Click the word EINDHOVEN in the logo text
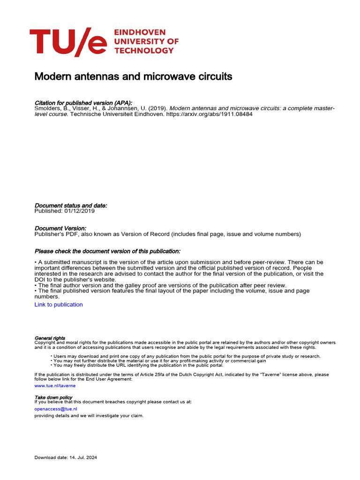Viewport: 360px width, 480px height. click(x=140, y=32)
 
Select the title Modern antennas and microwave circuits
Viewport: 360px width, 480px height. click(x=133, y=76)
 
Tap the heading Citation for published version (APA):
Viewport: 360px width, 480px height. click(x=83, y=103)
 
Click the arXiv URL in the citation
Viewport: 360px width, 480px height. click(x=209, y=114)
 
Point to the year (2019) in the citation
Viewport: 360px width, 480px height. click(x=157, y=108)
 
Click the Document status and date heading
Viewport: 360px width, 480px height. click(x=71, y=205)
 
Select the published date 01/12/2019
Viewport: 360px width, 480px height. click(x=79, y=211)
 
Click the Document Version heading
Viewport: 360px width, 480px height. click(x=60, y=228)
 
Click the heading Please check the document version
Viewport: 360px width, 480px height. click(x=107, y=251)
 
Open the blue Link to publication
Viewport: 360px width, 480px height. click(x=59, y=305)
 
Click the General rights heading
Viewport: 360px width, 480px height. click(x=50, y=338)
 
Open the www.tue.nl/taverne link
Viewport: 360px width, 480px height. click(x=55, y=386)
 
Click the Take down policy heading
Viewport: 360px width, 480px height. click(x=53, y=397)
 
